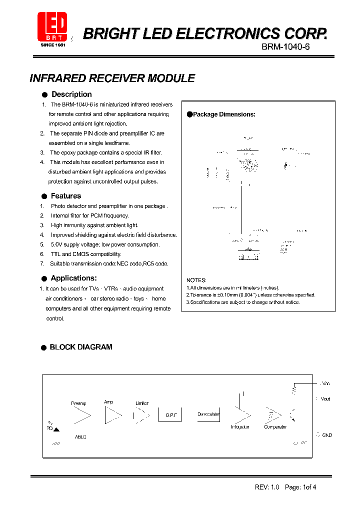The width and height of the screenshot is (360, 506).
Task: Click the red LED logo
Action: [52, 27]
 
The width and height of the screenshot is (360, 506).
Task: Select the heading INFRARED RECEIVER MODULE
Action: [112, 78]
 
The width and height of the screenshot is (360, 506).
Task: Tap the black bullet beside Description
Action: [44, 94]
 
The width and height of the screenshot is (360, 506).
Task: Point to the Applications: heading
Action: [73, 278]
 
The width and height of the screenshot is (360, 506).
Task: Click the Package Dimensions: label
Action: [224, 114]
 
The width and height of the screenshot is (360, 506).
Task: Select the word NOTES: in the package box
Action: [196, 280]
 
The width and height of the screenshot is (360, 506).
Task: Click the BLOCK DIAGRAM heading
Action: [80, 347]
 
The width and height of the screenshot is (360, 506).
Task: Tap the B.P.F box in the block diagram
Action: [171, 415]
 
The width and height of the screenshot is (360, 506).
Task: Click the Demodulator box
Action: [208, 414]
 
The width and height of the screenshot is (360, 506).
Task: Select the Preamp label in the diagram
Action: [78, 403]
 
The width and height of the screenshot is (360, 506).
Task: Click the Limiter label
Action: [142, 403]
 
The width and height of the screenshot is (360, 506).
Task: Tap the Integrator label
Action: [240, 427]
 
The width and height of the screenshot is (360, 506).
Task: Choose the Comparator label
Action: [275, 427]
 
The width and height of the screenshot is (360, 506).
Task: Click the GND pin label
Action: [326, 435]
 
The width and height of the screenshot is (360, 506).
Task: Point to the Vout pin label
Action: [325, 399]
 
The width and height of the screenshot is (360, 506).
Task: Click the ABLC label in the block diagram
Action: [80, 437]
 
